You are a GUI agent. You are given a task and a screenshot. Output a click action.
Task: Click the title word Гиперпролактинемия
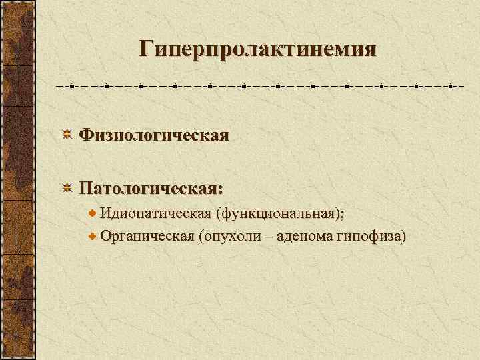pyautogui.click(x=257, y=49)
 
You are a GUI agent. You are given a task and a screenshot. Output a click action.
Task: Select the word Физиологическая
pyautogui.click(x=154, y=135)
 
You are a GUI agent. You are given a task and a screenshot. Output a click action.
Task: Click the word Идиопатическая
pyautogui.click(x=155, y=213)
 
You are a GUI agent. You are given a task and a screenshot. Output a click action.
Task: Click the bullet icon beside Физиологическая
pyautogui.click(x=67, y=136)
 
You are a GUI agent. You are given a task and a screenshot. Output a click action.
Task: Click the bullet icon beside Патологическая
pyautogui.click(x=67, y=189)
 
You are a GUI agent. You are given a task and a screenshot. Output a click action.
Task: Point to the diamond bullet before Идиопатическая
pyautogui.click(x=93, y=214)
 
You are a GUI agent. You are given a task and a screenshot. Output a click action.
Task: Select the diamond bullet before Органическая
pyautogui.click(x=93, y=237)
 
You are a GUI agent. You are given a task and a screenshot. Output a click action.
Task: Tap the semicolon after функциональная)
pyautogui.click(x=343, y=215)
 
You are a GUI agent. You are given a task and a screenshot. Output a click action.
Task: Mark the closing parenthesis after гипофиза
pyautogui.click(x=404, y=237)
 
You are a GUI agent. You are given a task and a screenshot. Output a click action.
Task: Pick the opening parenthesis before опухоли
pyautogui.click(x=201, y=237)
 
